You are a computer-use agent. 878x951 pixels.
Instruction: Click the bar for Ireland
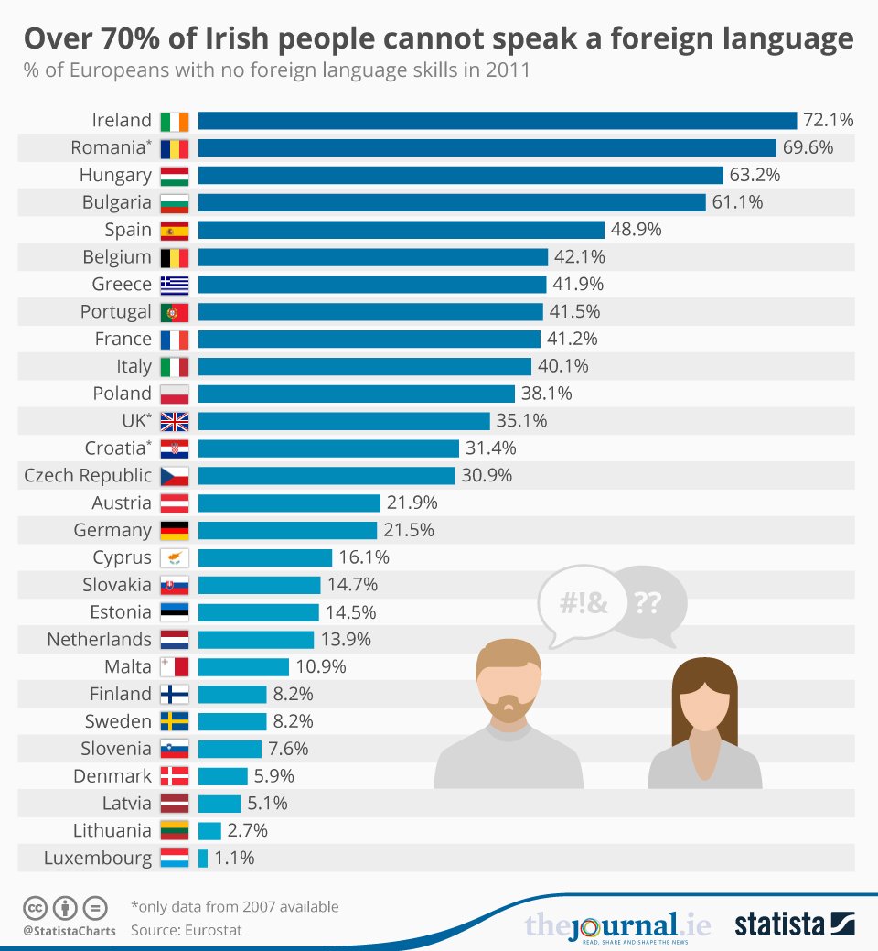coord(498,120)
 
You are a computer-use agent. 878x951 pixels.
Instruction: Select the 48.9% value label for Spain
coord(636,230)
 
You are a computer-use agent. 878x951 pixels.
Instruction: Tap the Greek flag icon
coord(174,285)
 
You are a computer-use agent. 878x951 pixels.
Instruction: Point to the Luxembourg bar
coord(203,859)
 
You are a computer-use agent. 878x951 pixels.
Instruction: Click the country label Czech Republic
coord(88,475)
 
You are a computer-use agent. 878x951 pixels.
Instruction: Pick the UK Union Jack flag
coord(174,421)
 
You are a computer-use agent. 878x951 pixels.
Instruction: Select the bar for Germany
coord(287,530)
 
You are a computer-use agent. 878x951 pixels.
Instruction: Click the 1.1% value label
coord(233,859)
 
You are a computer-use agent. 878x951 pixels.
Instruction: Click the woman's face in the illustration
coord(704,708)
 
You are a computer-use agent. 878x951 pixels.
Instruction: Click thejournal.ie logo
coord(618,925)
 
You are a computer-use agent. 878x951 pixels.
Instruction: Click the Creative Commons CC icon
coord(35,909)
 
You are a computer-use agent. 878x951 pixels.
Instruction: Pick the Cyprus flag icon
coord(174,557)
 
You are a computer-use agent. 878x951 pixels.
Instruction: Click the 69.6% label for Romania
coord(808,147)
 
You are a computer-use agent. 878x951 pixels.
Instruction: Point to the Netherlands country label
coord(99,639)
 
